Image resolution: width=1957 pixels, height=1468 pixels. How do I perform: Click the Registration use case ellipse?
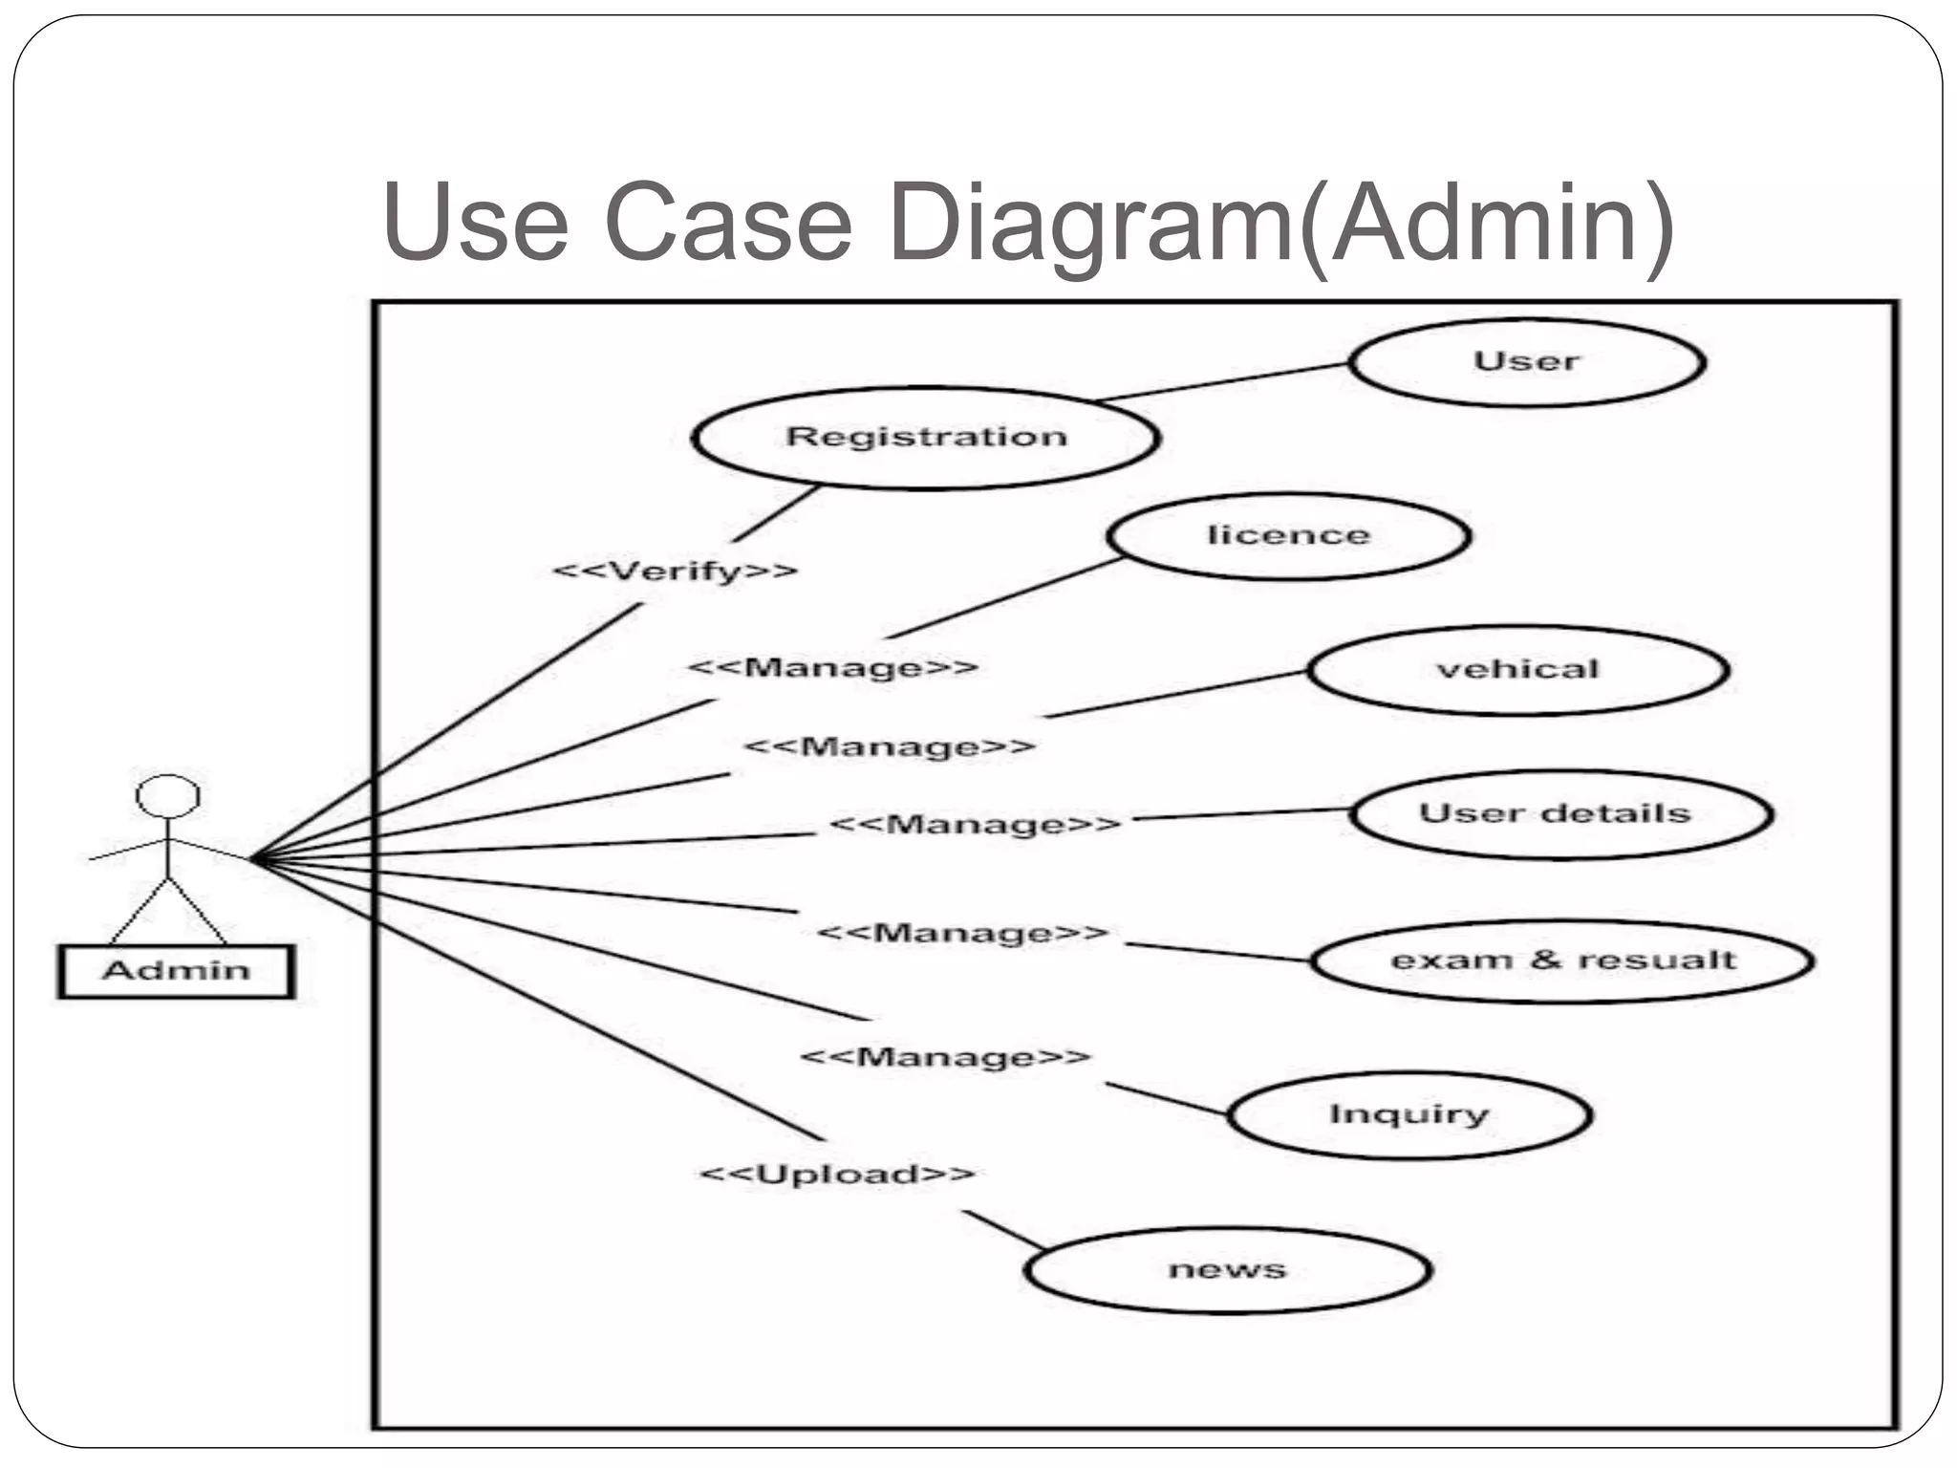925,438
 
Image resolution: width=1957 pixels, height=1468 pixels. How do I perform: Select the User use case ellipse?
1526,362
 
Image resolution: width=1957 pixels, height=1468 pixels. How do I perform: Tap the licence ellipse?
1288,535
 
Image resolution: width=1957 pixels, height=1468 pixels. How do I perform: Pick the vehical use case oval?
1517,669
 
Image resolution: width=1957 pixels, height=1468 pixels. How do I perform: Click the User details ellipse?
1560,814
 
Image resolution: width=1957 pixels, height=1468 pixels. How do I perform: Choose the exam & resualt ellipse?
1561,961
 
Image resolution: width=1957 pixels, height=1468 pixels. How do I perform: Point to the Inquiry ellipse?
1409,1114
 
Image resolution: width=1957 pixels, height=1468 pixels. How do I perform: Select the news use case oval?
1227,1270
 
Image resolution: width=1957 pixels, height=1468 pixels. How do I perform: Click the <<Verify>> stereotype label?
675,572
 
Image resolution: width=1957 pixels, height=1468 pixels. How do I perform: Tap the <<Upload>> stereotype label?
837,1174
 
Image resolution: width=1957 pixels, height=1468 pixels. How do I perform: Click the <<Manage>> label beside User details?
975,824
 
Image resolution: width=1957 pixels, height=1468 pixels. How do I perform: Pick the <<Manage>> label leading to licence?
833,667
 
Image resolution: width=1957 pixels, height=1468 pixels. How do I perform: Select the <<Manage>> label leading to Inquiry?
945,1057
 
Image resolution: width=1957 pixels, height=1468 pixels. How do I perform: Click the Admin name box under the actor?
176,971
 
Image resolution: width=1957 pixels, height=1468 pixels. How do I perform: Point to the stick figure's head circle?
168,796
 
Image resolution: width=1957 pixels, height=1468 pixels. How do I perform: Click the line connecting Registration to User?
1223,382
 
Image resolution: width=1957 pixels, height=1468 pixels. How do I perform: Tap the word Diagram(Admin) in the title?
1280,225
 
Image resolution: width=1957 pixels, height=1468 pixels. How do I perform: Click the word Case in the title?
728,225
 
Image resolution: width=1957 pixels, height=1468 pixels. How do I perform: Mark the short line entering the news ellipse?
1003,1230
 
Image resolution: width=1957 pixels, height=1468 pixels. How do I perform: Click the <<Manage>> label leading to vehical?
890,745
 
